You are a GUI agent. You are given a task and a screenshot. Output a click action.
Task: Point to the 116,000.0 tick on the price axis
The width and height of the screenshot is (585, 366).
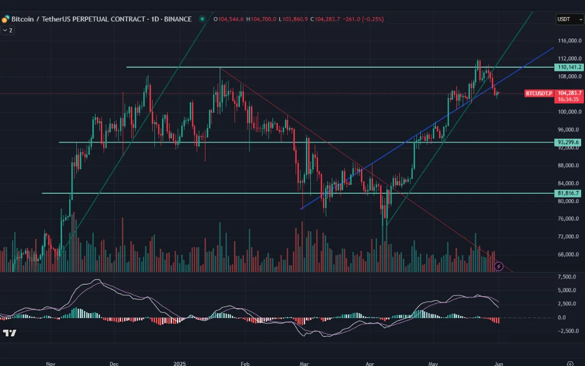[x=569, y=41]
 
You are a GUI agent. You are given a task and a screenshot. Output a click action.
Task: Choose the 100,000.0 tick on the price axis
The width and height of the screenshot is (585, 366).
[x=569, y=112]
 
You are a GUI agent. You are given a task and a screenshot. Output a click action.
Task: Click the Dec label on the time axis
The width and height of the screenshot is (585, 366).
[x=114, y=364]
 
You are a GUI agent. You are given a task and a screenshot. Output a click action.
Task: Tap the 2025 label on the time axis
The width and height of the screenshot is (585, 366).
[x=180, y=364]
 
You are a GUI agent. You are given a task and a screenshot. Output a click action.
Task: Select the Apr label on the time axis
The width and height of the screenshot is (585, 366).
[x=370, y=364]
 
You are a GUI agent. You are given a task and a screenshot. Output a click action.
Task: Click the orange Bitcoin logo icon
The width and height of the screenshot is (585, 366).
[x=5, y=19]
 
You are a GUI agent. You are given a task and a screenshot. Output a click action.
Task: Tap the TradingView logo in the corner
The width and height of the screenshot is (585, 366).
[x=9, y=333]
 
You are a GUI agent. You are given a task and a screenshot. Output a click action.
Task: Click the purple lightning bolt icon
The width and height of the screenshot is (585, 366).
[x=499, y=266]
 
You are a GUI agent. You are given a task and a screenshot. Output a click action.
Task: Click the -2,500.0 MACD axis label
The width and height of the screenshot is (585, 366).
[x=569, y=331]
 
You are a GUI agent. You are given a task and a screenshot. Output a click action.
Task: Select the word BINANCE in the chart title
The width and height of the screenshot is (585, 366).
[x=178, y=19]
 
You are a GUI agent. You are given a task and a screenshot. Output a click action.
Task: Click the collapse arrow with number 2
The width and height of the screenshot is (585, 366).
[x=8, y=30]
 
